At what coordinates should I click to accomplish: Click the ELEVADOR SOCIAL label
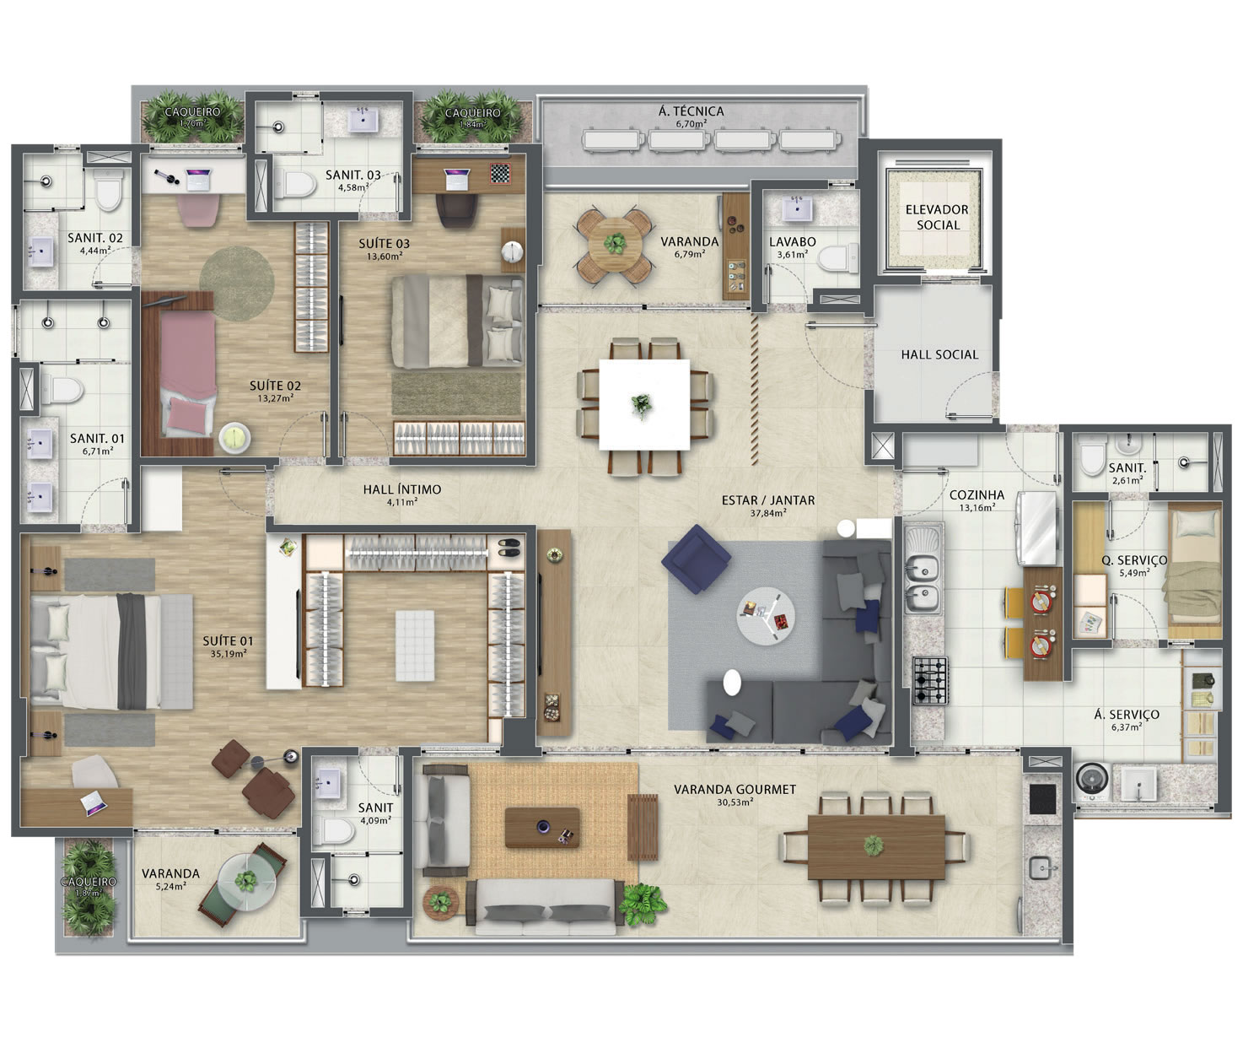point(937,218)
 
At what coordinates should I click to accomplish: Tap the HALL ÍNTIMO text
point(402,489)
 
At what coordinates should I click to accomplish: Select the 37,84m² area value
point(768,513)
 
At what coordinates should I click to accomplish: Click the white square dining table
point(644,404)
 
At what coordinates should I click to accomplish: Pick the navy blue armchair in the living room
point(696,559)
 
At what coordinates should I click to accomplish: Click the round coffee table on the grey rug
point(766,616)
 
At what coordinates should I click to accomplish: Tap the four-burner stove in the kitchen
point(930,680)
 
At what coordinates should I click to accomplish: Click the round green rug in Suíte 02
point(236,284)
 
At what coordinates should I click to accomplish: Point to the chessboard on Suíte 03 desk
point(500,173)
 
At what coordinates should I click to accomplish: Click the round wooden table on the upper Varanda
point(615,244)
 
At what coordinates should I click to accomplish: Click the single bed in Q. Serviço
point(1193,571)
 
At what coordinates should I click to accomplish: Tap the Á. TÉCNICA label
point(691,111)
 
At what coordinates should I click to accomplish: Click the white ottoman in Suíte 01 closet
point(415,645)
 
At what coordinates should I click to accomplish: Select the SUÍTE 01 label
point(228,641)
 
